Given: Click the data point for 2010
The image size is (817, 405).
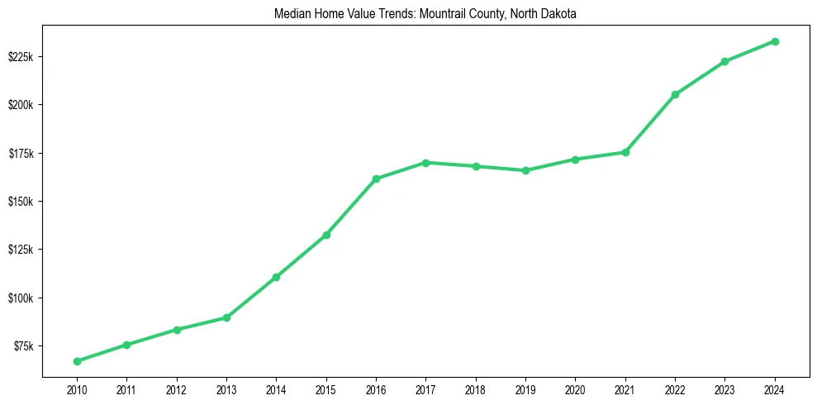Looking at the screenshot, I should (77, 361).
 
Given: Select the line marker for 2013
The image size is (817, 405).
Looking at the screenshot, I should (226, 317).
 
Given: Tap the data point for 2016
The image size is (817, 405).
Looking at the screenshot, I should (376, 179).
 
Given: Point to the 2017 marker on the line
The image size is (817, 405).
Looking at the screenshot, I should (425, 163).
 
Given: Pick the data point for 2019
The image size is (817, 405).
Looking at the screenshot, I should (525, 170).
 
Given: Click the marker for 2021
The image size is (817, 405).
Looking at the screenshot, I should (625, 152).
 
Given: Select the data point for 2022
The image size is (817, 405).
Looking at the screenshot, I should (675, 94).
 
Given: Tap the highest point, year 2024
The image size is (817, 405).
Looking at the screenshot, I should (775, 41).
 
